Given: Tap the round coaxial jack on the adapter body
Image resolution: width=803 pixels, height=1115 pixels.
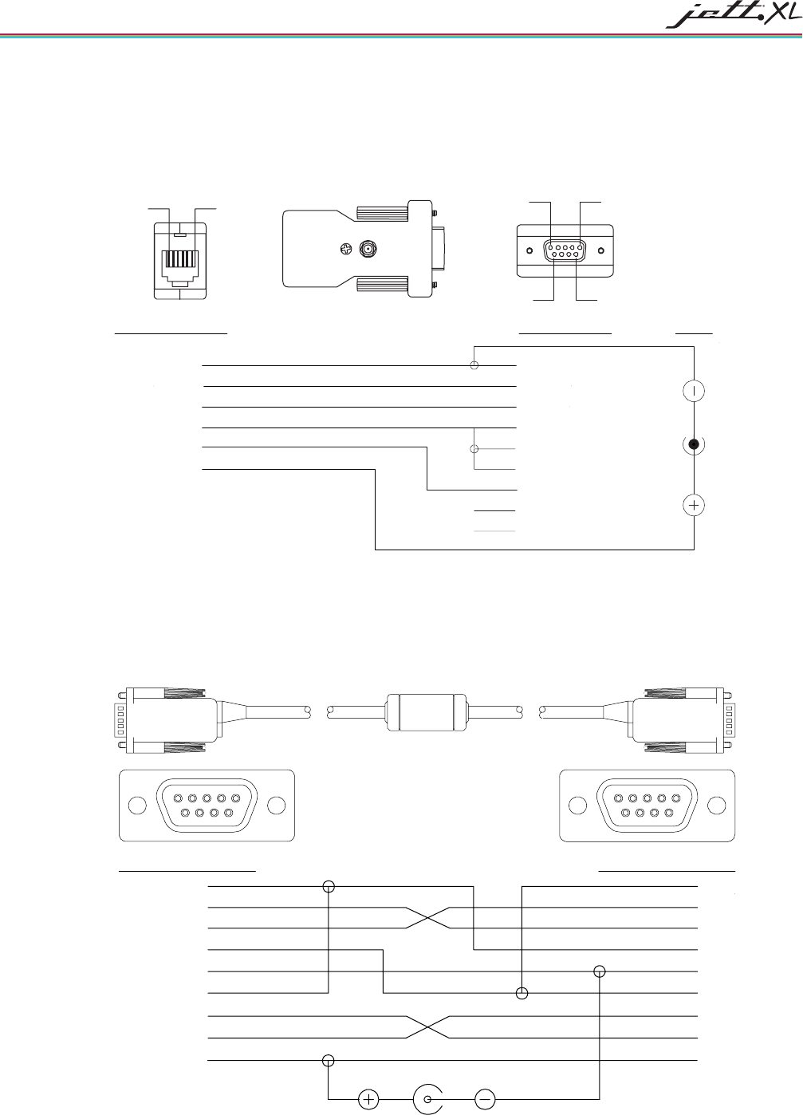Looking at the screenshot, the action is (x=368, y=250).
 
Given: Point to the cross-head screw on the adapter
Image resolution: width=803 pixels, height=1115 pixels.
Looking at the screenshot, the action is (x=344, y=250).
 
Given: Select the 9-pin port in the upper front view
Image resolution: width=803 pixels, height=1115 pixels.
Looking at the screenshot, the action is (x=565, y=250).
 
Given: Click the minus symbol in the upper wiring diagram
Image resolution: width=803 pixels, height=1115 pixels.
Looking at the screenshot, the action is (x=695, y=391).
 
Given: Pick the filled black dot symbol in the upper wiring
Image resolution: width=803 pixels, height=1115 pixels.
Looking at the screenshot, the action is (x=695, y=444).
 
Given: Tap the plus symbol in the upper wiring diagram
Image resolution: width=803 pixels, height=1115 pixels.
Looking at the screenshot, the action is (x=695, y=505).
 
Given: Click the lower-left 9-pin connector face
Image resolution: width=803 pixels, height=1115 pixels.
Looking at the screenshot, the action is (x=207, y=805).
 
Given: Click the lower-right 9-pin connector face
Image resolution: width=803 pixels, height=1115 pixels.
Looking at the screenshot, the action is (x=647, y=805).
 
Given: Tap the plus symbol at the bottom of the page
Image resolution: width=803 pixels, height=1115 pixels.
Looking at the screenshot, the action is (x=368, y=1099).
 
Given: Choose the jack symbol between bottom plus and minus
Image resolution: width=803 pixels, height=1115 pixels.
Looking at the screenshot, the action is (x=428, y=1099).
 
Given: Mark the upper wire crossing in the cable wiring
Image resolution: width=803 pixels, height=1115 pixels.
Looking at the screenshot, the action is (x=429, y=918).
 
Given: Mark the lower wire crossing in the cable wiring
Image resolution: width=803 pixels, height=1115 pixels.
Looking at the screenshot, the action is (x=429, y=1027).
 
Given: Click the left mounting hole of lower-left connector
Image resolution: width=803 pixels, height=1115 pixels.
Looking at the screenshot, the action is (x=137, y=806).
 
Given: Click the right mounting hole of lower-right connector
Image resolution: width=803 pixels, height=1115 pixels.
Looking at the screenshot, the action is (x=717, y=806).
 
